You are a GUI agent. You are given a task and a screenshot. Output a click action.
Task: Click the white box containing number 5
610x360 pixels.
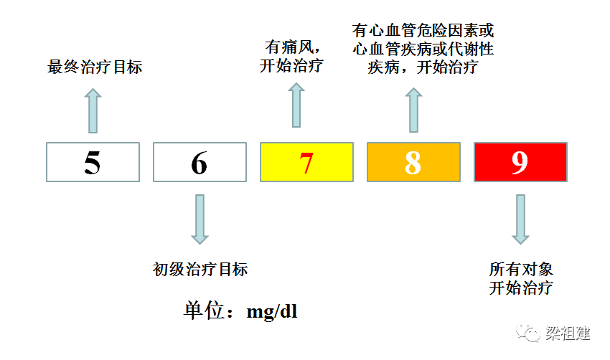tap(93, 162)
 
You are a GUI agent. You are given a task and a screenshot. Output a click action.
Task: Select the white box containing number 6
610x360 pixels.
tap(200, 162)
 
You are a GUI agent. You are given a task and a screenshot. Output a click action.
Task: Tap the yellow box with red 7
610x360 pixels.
tap(306, 162)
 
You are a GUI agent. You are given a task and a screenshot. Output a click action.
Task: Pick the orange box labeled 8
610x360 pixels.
tap(413, 162)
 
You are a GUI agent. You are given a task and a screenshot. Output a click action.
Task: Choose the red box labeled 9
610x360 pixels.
tap(520, 162)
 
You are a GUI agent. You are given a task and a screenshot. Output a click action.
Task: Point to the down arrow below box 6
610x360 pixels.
tap(200, 219)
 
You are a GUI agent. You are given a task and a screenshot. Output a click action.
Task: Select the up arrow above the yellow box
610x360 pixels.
tap(296, 105)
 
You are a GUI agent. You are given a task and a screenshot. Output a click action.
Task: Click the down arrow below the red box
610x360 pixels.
tap(520, 219)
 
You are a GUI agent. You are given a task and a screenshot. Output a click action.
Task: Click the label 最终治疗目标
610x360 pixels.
tap(95, 68)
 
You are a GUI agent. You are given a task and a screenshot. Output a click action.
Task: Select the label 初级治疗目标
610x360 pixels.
tap(200, 269)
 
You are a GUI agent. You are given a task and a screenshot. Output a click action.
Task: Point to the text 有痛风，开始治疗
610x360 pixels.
tap(291, 57)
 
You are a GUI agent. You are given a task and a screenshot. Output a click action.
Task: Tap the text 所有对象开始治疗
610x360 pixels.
tap(521, 279)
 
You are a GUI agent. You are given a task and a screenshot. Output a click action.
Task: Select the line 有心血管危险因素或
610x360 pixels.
tap(423, 31)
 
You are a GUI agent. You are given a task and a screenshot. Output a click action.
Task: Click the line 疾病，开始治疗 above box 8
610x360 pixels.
tap(423, 68)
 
